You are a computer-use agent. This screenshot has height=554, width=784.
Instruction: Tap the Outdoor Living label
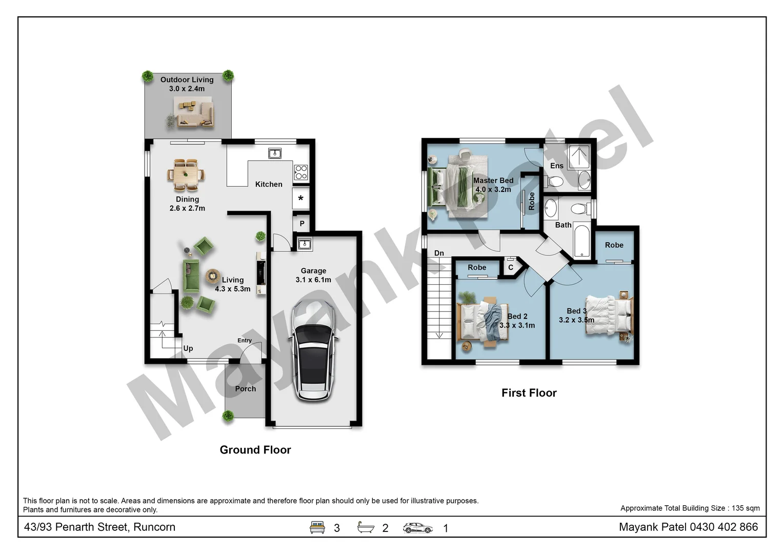click(187, 84)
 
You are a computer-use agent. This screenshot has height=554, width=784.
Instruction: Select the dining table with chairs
click(186, 175)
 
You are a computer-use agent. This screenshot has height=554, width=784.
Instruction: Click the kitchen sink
click(274, 153)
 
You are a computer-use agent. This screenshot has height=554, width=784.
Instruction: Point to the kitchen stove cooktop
click(301, 172)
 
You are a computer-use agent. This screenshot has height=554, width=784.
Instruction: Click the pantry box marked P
click(301, 224)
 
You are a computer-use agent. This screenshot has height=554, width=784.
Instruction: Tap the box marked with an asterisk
click(300, 199)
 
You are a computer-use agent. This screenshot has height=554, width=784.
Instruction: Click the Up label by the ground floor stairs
click(188, 348)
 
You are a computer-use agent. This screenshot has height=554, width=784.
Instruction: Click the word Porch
click(245, 389)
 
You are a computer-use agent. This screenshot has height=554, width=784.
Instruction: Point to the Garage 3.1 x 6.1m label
click(313, 275)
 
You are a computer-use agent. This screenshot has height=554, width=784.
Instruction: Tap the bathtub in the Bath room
click(581, 240)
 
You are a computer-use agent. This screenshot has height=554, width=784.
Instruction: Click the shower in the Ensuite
click(579, 156)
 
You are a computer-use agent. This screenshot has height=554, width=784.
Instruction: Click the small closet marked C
click(511, 267)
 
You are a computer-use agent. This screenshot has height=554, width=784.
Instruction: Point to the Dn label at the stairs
click(439, 253)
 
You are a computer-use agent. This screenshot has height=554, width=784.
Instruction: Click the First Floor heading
click(529, 393)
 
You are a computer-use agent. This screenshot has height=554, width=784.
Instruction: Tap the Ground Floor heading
click(255, 450)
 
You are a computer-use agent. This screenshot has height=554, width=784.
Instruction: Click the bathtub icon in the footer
click(366, 527)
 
